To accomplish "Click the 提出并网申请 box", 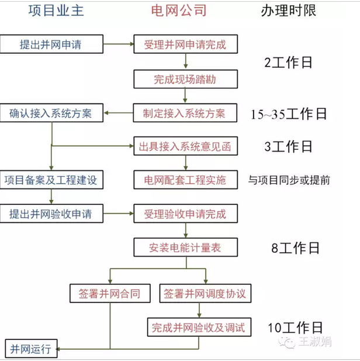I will (x=51, y=44).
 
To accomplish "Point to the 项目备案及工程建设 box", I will (x=51, y=180).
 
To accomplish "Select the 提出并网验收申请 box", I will (x=51, y=214).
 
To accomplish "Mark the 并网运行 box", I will (x=30, y=349).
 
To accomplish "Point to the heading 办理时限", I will (x=290, y=11).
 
